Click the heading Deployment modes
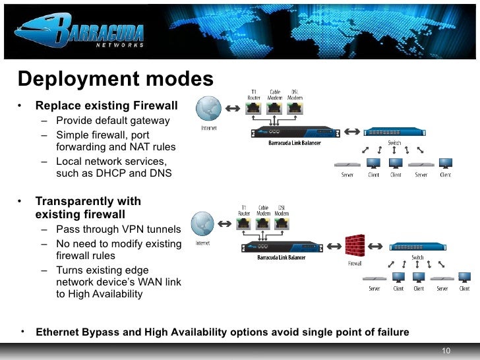pyautogui.click(x=115, y=79)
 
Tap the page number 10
pyautogui.click(x=446, y=349)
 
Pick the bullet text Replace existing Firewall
pyautogui.click(x=106, y=105)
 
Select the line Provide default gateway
pyautogui.click(x=113, y=121)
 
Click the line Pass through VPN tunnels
pyautogui.click(x=118, y=229)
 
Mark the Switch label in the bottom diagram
pyautogui.click(x=417, y=257)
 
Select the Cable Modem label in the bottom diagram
pyautogui.click(x=264, y=210)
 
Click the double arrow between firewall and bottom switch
pyautogui.click(x=375, y=246)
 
